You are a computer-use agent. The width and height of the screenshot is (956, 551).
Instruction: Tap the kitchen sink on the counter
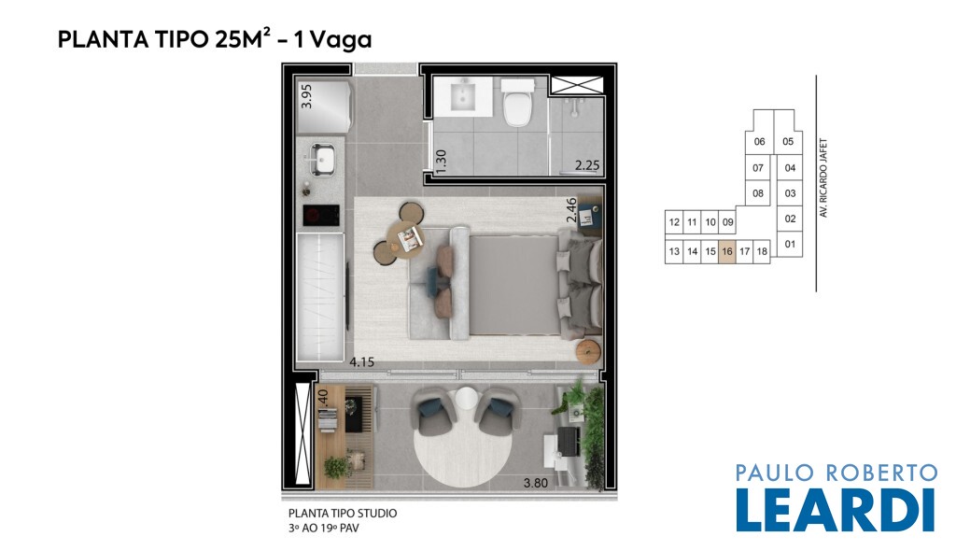[x=322, y=159]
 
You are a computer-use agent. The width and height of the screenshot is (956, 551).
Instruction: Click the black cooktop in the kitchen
[x=321, y=215]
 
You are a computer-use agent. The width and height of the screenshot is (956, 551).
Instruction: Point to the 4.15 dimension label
[x=361, y=361]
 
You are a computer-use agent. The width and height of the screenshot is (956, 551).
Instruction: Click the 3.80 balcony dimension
[x=535, y=483]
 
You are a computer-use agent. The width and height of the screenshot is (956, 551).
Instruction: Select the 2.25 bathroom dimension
[x=587, y=165]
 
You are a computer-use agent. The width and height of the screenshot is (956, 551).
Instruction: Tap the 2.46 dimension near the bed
[x=571, y=210]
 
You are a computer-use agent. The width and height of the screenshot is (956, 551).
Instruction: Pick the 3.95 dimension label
[x=306, y=96]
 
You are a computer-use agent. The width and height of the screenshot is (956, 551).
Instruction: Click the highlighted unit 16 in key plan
[x=726, y=251]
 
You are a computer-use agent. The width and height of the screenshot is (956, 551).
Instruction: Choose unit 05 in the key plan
[x=788, y=142]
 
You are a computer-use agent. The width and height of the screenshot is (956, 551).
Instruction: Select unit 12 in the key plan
[x=674, y=222]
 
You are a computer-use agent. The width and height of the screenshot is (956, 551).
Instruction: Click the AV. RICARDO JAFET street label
[x=823, y=178]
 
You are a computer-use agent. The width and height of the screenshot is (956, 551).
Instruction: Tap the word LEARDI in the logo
[x=836, y=509]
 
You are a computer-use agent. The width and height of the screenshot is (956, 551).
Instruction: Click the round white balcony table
[x=467, y=400]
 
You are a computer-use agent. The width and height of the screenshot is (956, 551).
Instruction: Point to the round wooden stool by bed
[x=589, y=352]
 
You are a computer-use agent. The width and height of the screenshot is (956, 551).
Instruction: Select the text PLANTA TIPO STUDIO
[x=343, y=513]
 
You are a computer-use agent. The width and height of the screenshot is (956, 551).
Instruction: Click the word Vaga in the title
[x=341, y=39]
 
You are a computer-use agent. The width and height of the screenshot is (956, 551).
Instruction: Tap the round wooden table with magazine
[x=405, y=236]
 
